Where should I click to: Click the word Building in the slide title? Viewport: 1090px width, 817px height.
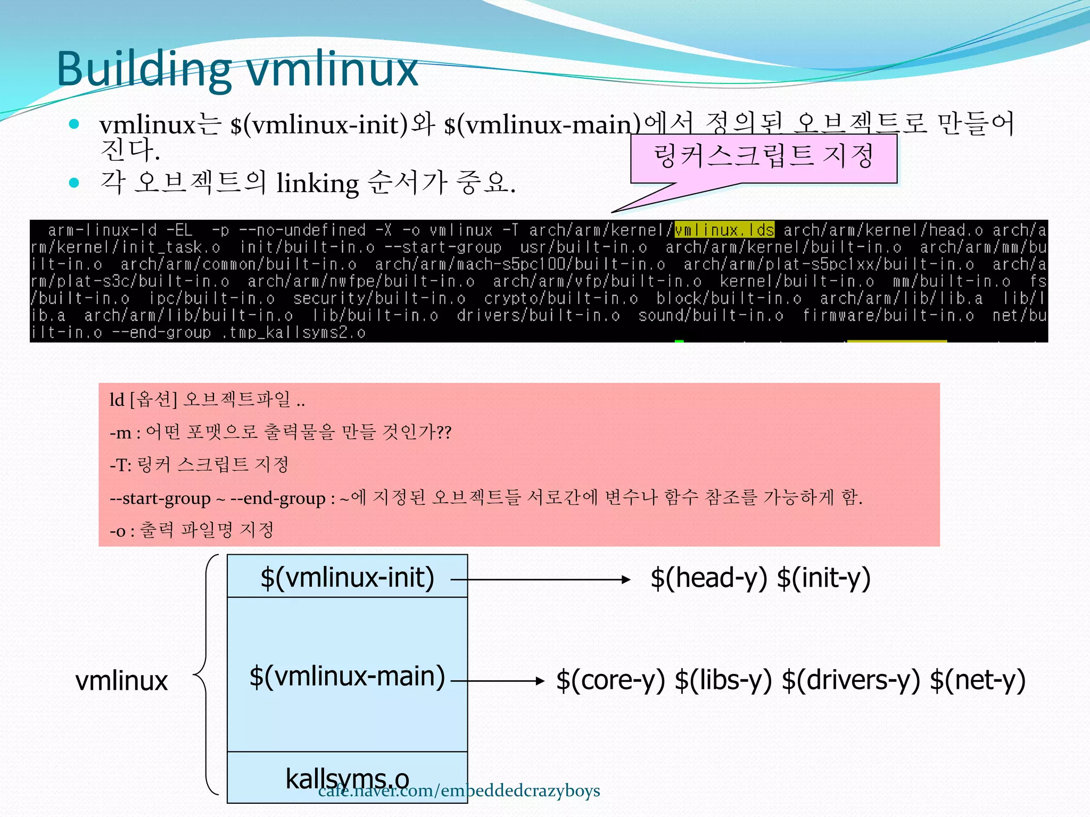(144, 70)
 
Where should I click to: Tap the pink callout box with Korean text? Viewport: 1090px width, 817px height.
(763, 157)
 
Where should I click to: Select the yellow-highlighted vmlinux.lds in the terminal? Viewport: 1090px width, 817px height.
(724, 230)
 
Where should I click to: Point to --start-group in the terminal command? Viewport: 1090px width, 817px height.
(443, 247)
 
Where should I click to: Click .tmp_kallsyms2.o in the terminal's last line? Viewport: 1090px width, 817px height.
(292, 333)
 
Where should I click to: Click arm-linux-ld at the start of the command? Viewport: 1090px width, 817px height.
(102, 230)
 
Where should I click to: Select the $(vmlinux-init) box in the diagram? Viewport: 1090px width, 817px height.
(347, 577)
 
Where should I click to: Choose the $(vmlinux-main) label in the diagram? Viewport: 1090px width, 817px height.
(347, 676)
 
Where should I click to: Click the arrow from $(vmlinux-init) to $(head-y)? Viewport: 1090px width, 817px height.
(540, 579)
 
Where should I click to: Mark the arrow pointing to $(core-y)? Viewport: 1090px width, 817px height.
(498, 680)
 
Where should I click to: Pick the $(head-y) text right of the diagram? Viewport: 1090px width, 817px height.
(708, 578)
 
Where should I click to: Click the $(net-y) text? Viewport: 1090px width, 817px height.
(977, 680)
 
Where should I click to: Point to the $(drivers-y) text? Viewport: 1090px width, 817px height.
(850, 680)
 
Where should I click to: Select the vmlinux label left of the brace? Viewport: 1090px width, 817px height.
(121, 681)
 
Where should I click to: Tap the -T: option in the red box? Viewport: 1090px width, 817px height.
(120, 465)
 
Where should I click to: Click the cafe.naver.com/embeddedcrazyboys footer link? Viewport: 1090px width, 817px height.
(459, 791)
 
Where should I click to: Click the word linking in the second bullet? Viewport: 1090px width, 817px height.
(318, 184)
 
